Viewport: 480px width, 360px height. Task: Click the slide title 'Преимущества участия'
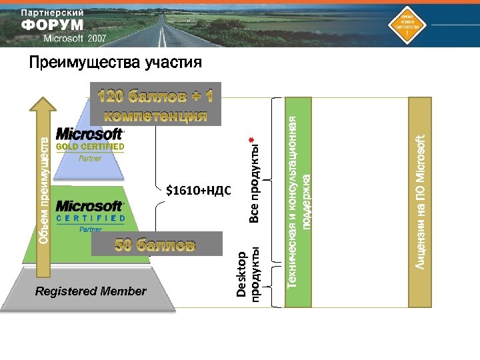[115, 63]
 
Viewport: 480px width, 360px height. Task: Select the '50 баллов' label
[155, 245]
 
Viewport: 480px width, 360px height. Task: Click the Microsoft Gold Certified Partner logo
[89, 144]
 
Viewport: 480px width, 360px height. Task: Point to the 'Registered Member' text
[91, 291]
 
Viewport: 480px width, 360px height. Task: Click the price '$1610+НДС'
[198, 191]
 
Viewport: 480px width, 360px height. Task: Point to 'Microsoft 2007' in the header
[75, 39]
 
